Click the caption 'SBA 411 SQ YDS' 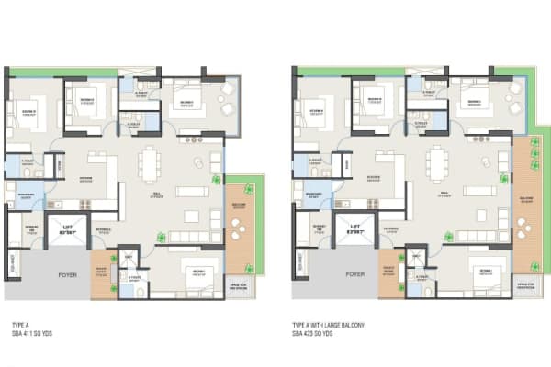click(32, 331)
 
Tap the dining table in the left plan click(149, 166)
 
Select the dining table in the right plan click(435, 166)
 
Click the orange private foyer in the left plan click(101, 272)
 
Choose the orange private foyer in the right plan click(388, 272)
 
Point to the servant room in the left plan click(29, 229)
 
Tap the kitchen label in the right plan click(374, 178)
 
